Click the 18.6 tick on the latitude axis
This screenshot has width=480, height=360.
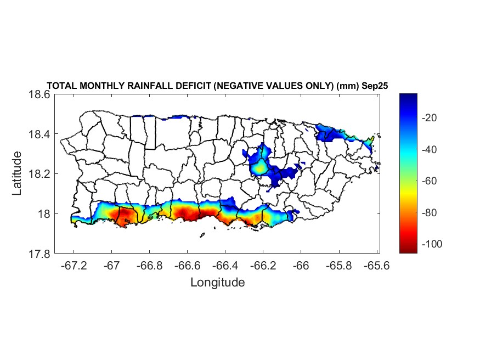point(39,94)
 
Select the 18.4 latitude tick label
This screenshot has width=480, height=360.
point(39,134)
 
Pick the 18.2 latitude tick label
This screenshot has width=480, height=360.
point(39,174)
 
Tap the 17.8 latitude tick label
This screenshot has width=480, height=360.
point(39,254)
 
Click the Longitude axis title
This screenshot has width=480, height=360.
point(217,283)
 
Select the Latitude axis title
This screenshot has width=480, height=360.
point(17,173)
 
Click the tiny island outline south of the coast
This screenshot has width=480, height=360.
point(202,235)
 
